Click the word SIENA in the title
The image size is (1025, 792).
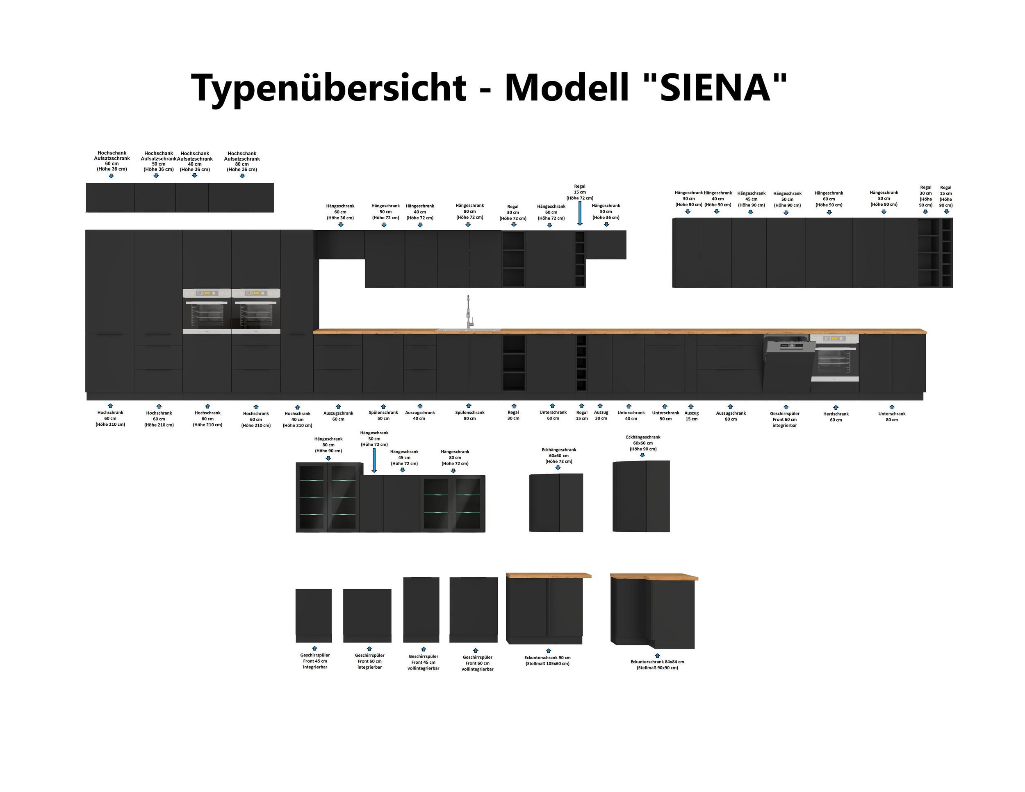coord(716,88)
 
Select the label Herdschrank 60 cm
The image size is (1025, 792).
coord(836,417)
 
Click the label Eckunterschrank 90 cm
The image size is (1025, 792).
coord(547,660)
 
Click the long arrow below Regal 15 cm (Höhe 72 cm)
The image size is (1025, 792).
coord(580,213)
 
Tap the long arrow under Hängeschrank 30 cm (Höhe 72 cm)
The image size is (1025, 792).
coord(374,461)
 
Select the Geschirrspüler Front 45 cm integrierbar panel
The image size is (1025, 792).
coord(314,615)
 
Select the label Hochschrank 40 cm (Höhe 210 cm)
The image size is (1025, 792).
coord(297,419)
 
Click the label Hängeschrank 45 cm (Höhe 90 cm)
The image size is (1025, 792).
coord(751,199)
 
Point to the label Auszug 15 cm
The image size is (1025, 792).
coord(691,416)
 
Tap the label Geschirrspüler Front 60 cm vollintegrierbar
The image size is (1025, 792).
coord(477,663)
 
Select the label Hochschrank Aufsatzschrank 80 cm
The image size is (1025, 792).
coord(242,161)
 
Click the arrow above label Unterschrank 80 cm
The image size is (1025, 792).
coord(892,407)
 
